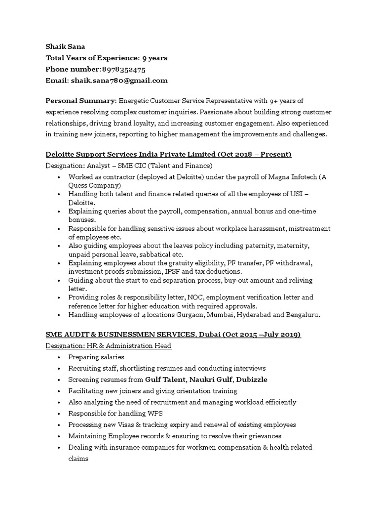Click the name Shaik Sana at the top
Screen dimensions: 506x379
[x=65, y=46]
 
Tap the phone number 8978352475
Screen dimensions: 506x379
[x=123, y=69]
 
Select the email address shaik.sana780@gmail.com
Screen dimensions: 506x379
[x=119, y=81]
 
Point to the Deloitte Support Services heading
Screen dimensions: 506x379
[x=168, y=155]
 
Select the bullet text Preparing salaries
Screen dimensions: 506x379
[x=96, y=357]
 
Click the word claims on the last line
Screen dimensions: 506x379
[x=79, y=459]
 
